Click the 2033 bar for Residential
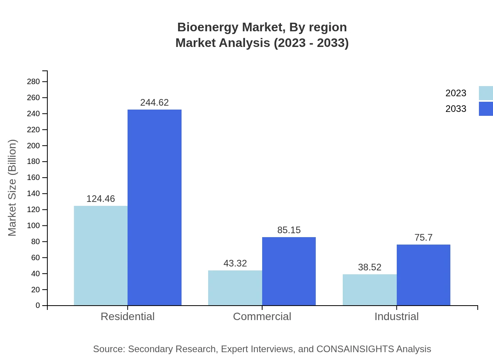click(x=155, y=207)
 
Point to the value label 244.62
click(x=155, y=103)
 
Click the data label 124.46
click(x=101, y=199)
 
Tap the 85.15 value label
click(x=289, y=230)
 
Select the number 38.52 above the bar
click(x=369, y=267)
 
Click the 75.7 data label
click(x=423, y=238)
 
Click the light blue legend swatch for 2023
click(x=486, y=93)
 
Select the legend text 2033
click(x=456, y=109)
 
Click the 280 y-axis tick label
click(x=33, y=82)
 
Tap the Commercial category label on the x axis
click(x=262, y=316)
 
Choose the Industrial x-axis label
click(x=396, y=316)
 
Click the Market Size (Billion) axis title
click(x=13, y=188)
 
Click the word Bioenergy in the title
click(x=208, y=27)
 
